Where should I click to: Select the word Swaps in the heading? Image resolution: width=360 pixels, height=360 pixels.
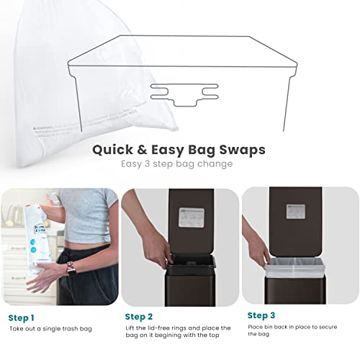pyautogui.click(x=240, y=150)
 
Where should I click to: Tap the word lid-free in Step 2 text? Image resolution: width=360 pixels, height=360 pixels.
pyautogui.click(x=161, y=328)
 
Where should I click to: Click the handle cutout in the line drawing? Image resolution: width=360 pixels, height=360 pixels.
pyautogui.click(x=184, y=93)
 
